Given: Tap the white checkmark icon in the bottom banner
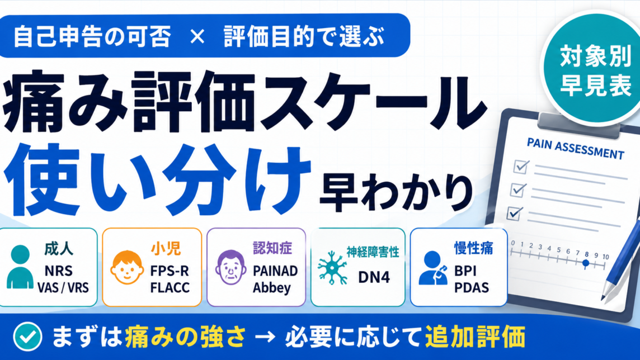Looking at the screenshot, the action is pyautogui.click(x=27, y=337).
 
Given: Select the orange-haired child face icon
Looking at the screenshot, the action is pyautogui.click(x=127, y=267).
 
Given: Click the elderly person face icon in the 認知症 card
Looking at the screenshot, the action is pyautogui.click(x=231, y=267).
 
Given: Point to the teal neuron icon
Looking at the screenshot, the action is pyautogui.click(x=332, y=267).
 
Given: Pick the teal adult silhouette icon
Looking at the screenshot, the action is pyautogui.click(x=20, y=267).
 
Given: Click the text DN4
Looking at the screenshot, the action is pyautogui.click(x=374, y=277).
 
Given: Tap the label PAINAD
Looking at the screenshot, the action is pyautogui.click(x=275, y=271).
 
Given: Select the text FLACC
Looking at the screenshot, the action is pyautogui.click(x=170, y=287).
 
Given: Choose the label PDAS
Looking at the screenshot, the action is pyautogui.click(x=472, y=287).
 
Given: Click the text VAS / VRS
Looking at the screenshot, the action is pyautogui.click(x=63, y=288).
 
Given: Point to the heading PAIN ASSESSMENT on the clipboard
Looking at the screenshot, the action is pyautogui.click(x=576, y=148).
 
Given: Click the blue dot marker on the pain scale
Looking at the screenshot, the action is pyautogui.click(x=586, y=263).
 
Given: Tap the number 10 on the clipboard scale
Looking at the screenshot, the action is pyautogui.click(x=605, y=257).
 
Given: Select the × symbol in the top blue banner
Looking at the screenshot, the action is pyautogui.click(x=197, y=37).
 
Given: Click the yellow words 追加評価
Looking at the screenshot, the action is pyautogui.click(x=475, y=337).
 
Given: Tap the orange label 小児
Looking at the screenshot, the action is pyautogui.click(x=166, y=248).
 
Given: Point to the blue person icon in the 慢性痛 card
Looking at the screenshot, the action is pyautogui.click(x=432, y=267).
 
